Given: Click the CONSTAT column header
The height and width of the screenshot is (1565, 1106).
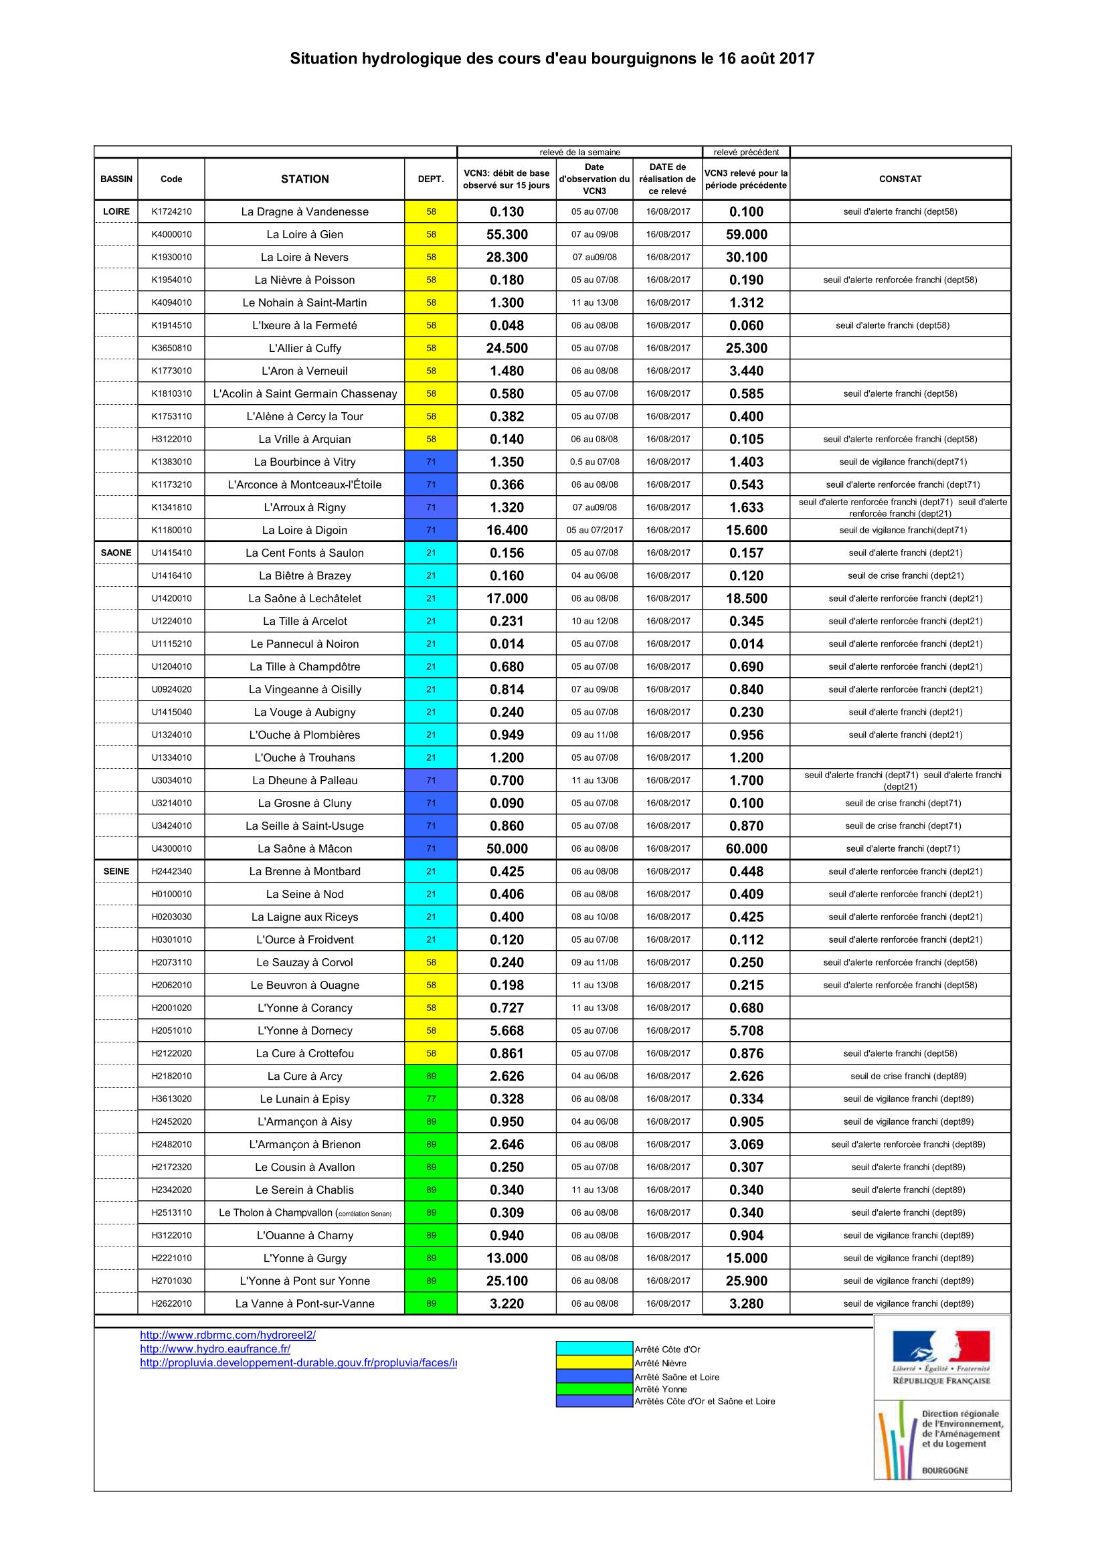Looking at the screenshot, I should [899, 179].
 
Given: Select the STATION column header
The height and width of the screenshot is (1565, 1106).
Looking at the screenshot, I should [304, 179].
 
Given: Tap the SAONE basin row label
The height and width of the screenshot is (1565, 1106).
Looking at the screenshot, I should [116, 553].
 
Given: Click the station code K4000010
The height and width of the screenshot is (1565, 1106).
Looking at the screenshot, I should [171, 234].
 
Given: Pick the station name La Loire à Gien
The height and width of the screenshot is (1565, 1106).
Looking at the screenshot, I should [304, 234].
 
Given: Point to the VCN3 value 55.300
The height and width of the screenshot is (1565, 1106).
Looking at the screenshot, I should [506, 234].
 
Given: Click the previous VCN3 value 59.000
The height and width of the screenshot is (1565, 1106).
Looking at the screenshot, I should [746, 234].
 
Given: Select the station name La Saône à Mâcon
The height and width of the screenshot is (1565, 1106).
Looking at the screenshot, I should [304, 848].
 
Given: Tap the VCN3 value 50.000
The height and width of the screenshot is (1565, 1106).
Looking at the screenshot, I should [506, 848].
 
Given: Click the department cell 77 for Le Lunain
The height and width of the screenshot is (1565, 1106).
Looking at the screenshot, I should [431, 1099].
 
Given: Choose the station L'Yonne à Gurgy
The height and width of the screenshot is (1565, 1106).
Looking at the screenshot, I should [304, 1259].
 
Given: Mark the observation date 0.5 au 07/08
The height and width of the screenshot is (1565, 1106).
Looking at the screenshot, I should [594, 462].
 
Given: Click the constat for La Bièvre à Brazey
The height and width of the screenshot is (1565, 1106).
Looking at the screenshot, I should [905, 575].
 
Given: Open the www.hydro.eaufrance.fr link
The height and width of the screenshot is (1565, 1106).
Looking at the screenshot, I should [215, 1349].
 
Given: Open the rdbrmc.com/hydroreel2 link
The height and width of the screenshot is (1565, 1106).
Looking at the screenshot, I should [227, 1336].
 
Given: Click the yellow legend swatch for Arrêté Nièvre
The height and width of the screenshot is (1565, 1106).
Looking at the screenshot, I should [594, 1362].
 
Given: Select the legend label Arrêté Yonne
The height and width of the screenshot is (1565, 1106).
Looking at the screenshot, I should [660, 1389].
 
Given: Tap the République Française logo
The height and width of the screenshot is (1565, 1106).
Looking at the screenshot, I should [941, 1358].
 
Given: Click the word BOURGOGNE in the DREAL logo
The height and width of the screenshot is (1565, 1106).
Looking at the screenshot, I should [945, 1471].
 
